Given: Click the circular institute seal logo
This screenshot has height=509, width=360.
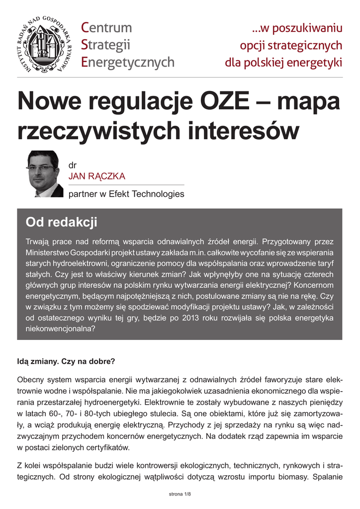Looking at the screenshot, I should click(44, 46).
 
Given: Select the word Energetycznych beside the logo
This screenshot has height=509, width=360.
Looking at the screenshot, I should click(128, 62).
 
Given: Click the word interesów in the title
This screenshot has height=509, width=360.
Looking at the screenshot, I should click(244, 131).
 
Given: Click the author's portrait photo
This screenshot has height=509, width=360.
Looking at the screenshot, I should click(43, 174).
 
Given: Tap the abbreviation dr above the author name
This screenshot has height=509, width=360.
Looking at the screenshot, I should click(73, 166).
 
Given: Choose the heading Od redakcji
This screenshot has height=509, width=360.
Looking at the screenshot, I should click(61, 222).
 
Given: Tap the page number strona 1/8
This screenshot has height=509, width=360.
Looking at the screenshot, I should click(180, 495).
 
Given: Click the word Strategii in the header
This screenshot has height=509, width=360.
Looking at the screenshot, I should click(105, 45).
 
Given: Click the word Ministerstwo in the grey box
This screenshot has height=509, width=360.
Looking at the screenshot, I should click(48, 252).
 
